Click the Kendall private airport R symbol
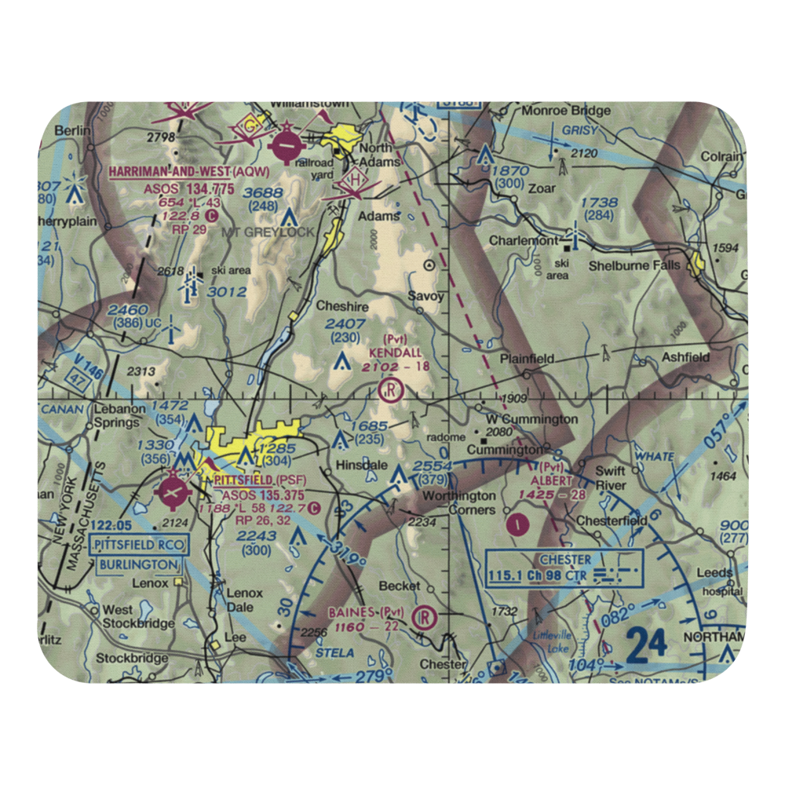(390, 389)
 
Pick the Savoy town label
(426, 297)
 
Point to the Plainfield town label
(527, 359)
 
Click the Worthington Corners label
(459, 502)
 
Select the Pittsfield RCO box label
(138, 544)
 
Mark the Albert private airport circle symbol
(516, 524)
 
